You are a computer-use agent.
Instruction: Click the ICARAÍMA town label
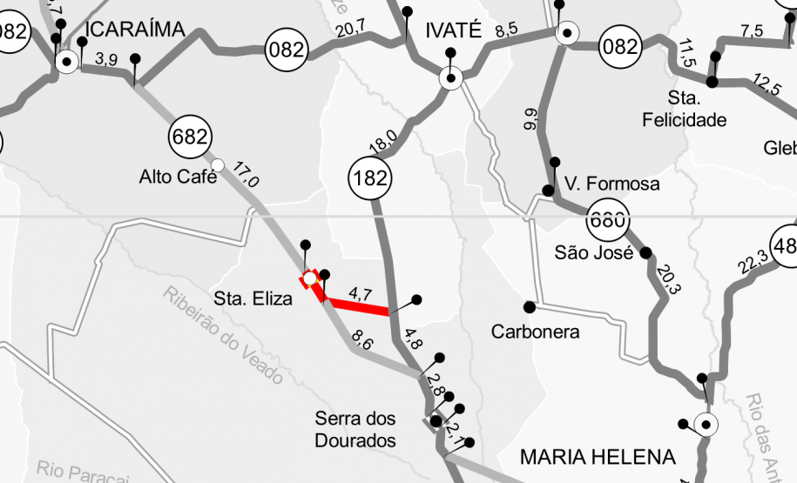point(136,30)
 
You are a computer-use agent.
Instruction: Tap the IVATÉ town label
point(453,30)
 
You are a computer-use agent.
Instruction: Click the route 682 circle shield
point(190,137)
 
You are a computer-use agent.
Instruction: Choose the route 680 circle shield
point(607,219)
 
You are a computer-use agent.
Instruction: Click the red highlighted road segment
point(357,306)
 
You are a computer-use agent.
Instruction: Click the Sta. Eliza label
point(253,301)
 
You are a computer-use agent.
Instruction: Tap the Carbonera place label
point(535,332)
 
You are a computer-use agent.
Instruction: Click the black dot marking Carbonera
point(529,306)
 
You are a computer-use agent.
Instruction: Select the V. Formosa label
point(611,184)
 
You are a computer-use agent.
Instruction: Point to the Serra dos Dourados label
point(355,429)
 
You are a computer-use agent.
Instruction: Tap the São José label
point(593,253)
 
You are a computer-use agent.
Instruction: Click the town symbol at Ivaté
point(450,79)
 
